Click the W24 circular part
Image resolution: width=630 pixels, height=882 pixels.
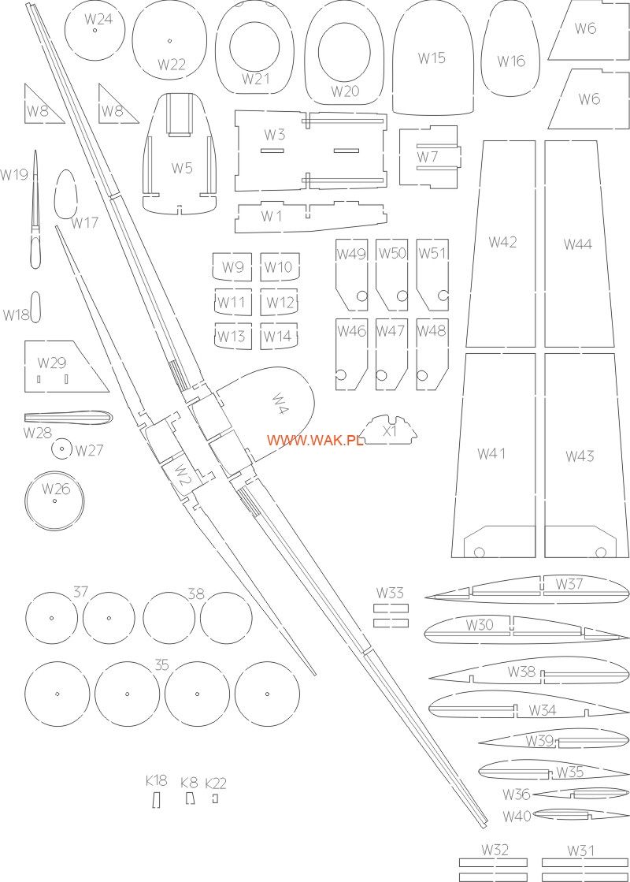coord(94,32)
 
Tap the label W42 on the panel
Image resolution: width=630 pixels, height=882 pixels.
coord(502,242)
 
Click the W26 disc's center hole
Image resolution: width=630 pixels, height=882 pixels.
coord(54,501)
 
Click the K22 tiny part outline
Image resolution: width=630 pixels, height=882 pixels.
coord(214,799)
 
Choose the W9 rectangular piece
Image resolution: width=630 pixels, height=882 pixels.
coord(233,266)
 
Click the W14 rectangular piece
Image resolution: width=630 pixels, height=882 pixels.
coord(277,337)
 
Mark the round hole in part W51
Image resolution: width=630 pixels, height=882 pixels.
coord(443,296)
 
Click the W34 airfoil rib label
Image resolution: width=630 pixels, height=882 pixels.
coord(542,710)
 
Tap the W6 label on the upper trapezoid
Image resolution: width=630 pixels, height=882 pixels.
coord(585,29)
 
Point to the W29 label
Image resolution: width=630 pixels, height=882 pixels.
coord(52,363)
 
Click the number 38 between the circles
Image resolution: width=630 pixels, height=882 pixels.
coord(196,594)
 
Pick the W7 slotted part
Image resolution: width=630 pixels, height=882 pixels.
coord(428,157)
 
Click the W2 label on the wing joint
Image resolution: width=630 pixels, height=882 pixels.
coord(183,476)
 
